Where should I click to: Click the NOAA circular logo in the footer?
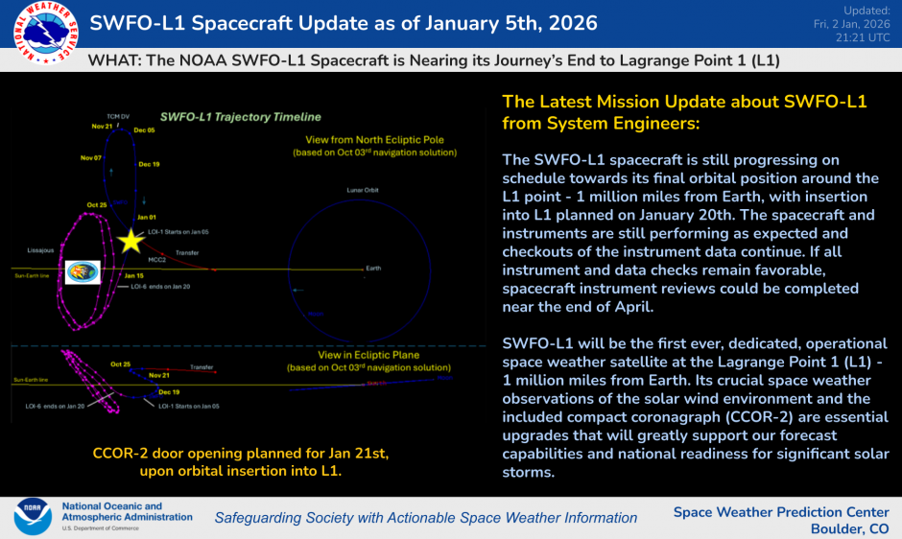pyautogui.click(x=33, y=516)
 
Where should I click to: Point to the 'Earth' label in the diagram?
pyautogui.click(x=373, y=269)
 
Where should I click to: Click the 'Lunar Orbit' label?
pyautogui.click(x=365, y=190)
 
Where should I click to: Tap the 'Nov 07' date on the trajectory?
pyautogui.click(x=91, y=157)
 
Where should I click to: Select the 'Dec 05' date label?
pyautogui.click(x=145, y=130)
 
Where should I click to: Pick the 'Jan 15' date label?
pyautogui.click(x=133, y=275)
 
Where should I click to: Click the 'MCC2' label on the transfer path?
pyautogui.click(x=156, y=259)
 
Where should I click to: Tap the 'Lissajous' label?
pyautogui.click(x=32, y=249)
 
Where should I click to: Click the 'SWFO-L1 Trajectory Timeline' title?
pyautogui.click(x=241, y=117)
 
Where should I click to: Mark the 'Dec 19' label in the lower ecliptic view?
pyautogui.click(x=169, y=392)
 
